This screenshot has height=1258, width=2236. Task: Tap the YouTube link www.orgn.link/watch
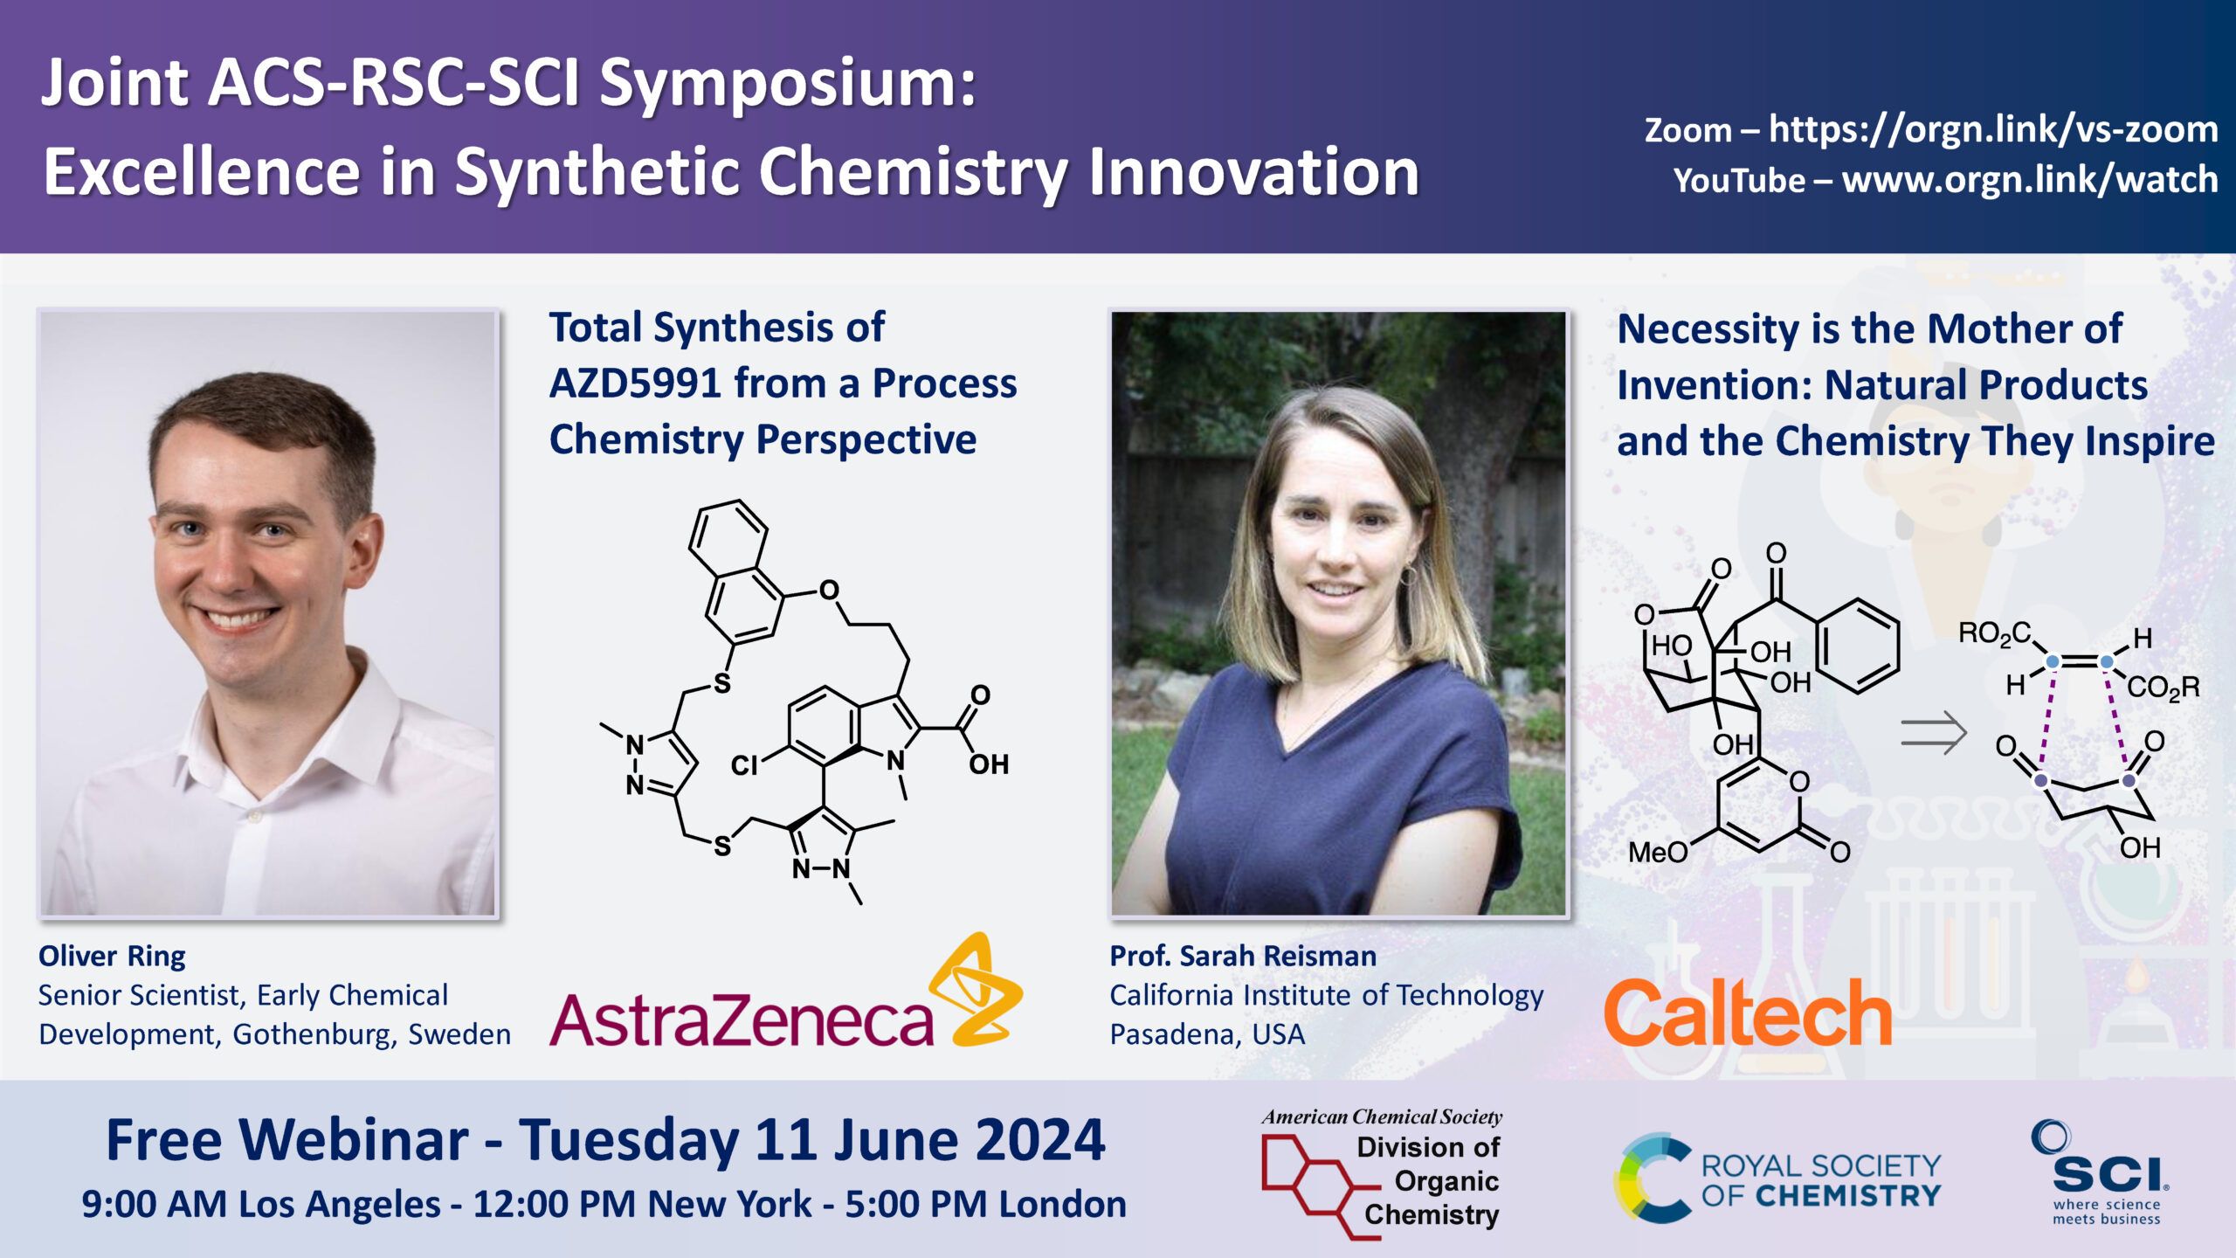tap(2030, 180)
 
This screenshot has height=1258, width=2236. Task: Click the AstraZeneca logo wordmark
tap(742, 1019)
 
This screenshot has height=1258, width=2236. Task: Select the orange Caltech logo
tap(1748, 1013)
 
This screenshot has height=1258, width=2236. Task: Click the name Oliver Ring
tap(112, 956)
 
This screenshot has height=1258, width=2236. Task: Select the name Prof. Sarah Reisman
tap(1243, 956)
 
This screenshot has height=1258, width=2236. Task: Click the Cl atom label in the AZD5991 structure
tap(744, 766)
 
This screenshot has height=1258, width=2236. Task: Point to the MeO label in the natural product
tap(1658, 851)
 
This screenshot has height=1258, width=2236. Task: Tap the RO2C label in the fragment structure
tap(1995, 633)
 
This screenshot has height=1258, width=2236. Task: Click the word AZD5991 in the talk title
tap(635, 384)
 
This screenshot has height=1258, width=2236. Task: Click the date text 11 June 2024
tap(930, 1141)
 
